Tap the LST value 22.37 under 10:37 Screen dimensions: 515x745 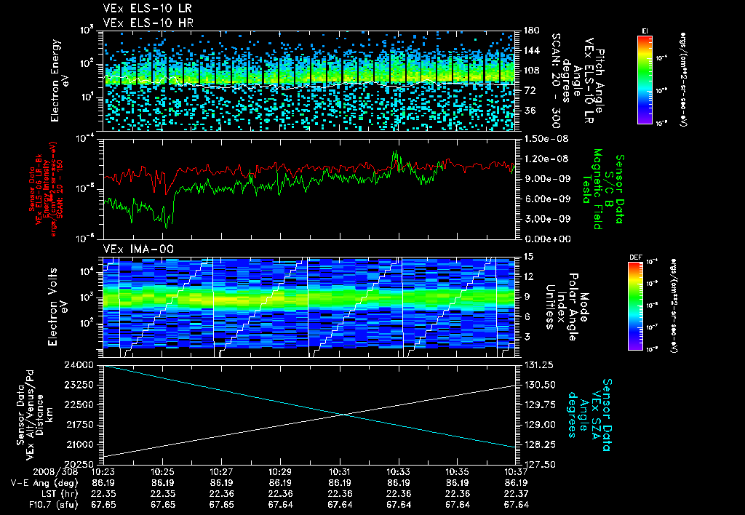[516, 492]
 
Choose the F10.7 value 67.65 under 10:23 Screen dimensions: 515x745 [104, 503]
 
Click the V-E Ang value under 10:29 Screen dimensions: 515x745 [281, 482]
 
